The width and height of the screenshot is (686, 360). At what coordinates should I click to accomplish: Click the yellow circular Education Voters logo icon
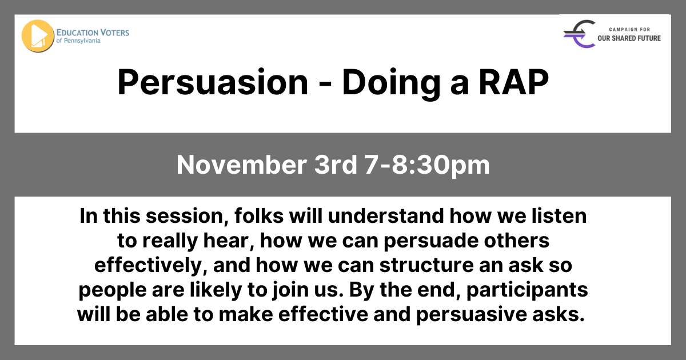pyautogui.click(x=38, y=36)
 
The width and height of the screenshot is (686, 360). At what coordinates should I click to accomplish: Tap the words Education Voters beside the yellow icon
pyautogui.click(x=93, y=33)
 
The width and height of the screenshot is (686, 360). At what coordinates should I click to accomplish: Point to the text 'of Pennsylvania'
pyautogui.click(x=78, y=41)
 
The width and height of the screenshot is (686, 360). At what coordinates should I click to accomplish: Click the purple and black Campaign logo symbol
pyautogui.click(x=580, y=34)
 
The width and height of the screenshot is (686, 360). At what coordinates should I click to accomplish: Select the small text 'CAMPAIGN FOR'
pyautogui.click(x=629, y=29)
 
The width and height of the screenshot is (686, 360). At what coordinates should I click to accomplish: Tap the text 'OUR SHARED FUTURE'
pyautogui.click(x=629, y=38)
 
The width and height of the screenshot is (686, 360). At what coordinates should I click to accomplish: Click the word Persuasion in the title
pyautogui.click(x=213, y=83)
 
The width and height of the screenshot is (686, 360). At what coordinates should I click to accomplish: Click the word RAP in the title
pyautogui.click(x=514, y=82)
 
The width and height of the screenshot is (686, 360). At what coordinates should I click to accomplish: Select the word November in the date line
pyautogui.click(x=242, y=165)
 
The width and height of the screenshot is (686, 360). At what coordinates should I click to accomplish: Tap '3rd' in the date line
pyautogui.click(x=336, y=165)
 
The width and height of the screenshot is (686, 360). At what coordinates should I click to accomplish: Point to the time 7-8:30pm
pyautogui.click(x=427, y=166)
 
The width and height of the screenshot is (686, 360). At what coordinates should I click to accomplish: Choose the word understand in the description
pyautogui.click(x=386, y=216)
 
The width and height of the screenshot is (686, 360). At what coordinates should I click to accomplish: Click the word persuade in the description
pyautogui.click(x=431, y=242)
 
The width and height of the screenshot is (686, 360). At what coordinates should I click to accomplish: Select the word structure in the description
pyautogui.click(x=426, y=265)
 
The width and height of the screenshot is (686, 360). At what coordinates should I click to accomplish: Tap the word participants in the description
pyautogui.click(x=527, y=290)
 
